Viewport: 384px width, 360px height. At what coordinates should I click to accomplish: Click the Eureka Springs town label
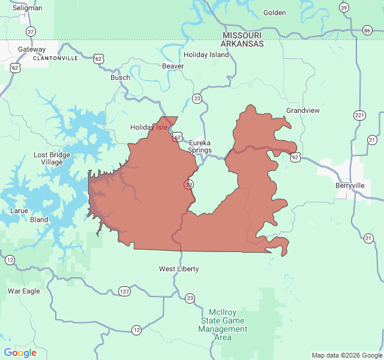click(x=200, y=146)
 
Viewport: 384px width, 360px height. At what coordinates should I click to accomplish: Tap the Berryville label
click(x=350, y=185)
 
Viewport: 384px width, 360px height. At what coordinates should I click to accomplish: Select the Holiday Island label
click(x=206, y=55)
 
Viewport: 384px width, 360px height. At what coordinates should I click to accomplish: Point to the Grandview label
click(x=303, y=111)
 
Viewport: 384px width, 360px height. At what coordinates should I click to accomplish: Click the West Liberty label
click(x=179, y=269)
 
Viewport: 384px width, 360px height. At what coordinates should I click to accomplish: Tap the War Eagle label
click(x=23, y=291)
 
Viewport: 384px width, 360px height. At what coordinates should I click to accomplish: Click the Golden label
click(x=275, y=13)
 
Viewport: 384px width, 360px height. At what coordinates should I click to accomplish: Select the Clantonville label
click(x=55, y=58)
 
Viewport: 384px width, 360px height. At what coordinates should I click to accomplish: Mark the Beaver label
click(x=173, y=66)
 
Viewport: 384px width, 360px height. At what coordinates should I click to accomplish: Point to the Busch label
click(x=120, y=77)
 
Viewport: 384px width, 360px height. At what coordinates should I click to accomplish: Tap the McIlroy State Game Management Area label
click(x=223, y=325)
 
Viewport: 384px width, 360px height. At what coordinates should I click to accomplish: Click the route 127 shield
click(x=124, y=292)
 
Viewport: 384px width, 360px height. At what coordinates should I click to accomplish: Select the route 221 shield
click(x=359, y=115)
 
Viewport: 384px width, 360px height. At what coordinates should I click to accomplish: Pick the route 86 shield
click(x=367, y=30)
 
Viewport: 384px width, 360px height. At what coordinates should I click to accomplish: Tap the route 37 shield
click(x=31, y=31)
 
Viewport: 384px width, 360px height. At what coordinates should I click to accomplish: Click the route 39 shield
click(x=343, y=7)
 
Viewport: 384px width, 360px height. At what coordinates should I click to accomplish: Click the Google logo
click(x=20, y=353)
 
